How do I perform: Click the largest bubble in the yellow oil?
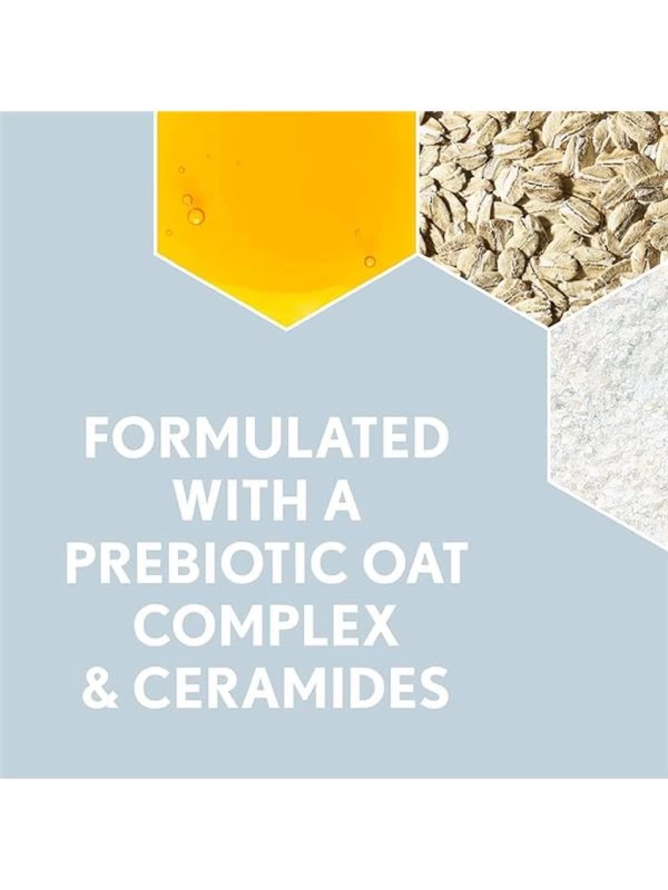click(x=198, y=216)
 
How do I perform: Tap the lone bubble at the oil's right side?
click(x=369, y=261)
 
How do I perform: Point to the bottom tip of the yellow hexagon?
click(x=286, y=331)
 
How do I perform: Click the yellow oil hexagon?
click(x=286, y=211)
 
